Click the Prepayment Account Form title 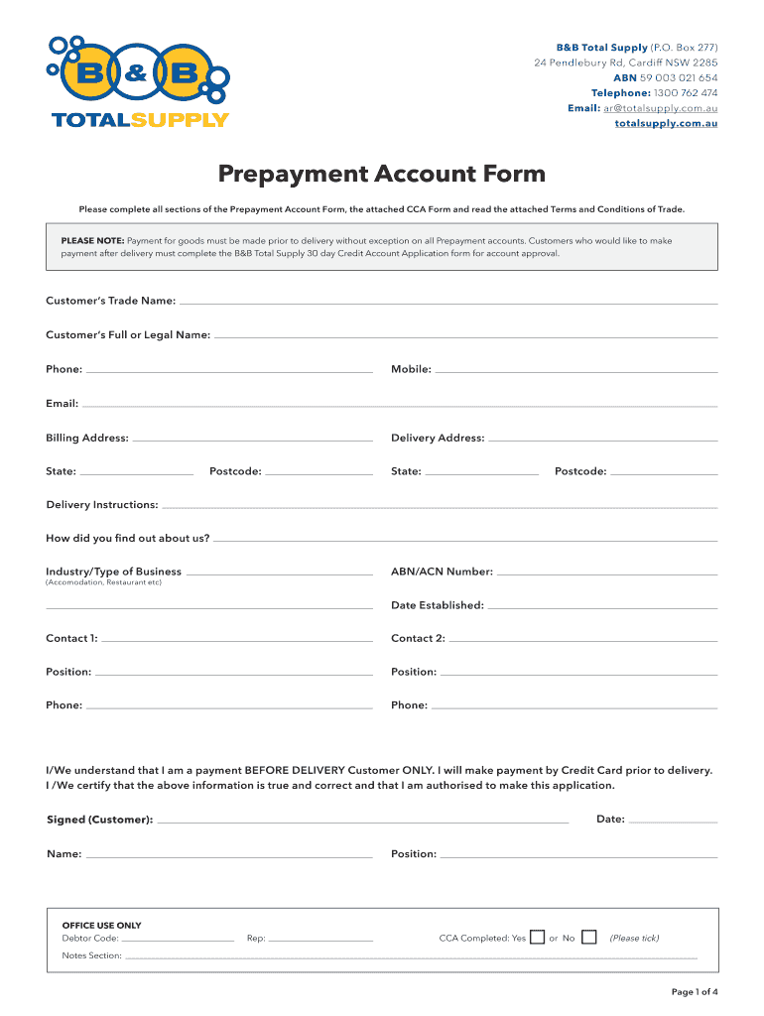(382, 175)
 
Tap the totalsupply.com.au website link (666, 123)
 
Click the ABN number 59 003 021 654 (680, 77)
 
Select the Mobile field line (575, 372)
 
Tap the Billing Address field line (252, 441)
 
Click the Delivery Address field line (602, 441)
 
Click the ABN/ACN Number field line (606, 574)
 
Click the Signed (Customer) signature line (362, 823)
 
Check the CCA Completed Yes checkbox (537, 937)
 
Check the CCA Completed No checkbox (589, 937)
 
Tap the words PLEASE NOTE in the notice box (92, 240)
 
